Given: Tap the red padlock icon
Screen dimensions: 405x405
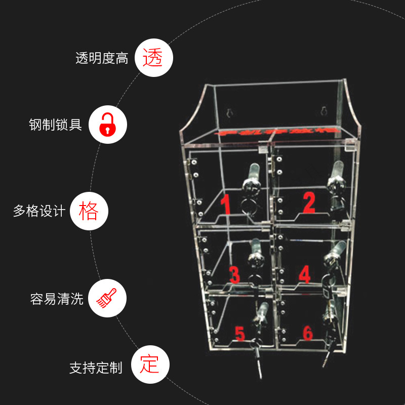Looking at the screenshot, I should tap(107, 125).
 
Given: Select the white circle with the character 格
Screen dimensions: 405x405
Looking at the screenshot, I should tap(89, 211).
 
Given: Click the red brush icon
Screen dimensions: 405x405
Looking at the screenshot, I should tap(107, 298).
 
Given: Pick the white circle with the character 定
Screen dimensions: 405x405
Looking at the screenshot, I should tap(150, 365).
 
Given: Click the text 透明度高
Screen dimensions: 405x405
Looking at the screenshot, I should tap(102, 59).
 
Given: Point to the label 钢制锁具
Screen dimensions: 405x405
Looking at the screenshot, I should tap(56, 125).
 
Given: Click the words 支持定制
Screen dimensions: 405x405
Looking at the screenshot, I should tap(96, 368).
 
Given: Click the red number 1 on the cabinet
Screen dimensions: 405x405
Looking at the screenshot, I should tap(226, 205).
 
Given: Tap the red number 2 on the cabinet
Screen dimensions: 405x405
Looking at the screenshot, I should tap(309, 202).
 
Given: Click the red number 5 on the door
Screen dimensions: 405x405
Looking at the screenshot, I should tap(239, 334).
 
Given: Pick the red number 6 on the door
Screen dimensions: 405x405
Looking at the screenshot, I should tap(307, 333).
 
